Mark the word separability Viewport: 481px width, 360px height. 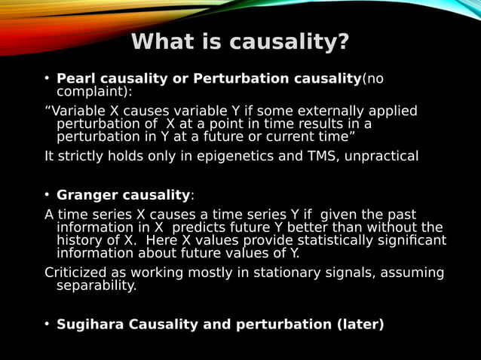tap(97, 285)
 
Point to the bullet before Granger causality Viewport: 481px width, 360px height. tap(47, 196)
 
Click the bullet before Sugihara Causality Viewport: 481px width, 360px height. tap(47, 325)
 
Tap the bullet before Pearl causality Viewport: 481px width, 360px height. tap(47, 79)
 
